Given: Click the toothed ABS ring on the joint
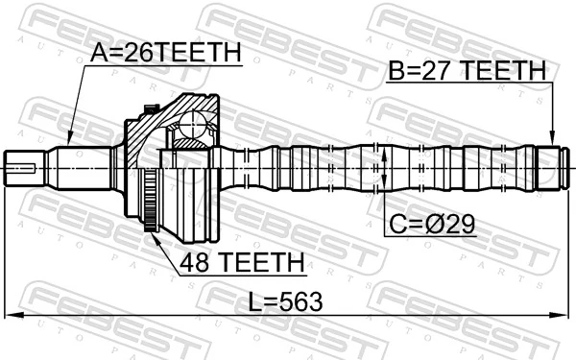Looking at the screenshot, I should point(149,202).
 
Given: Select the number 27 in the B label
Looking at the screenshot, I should point(430,70).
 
